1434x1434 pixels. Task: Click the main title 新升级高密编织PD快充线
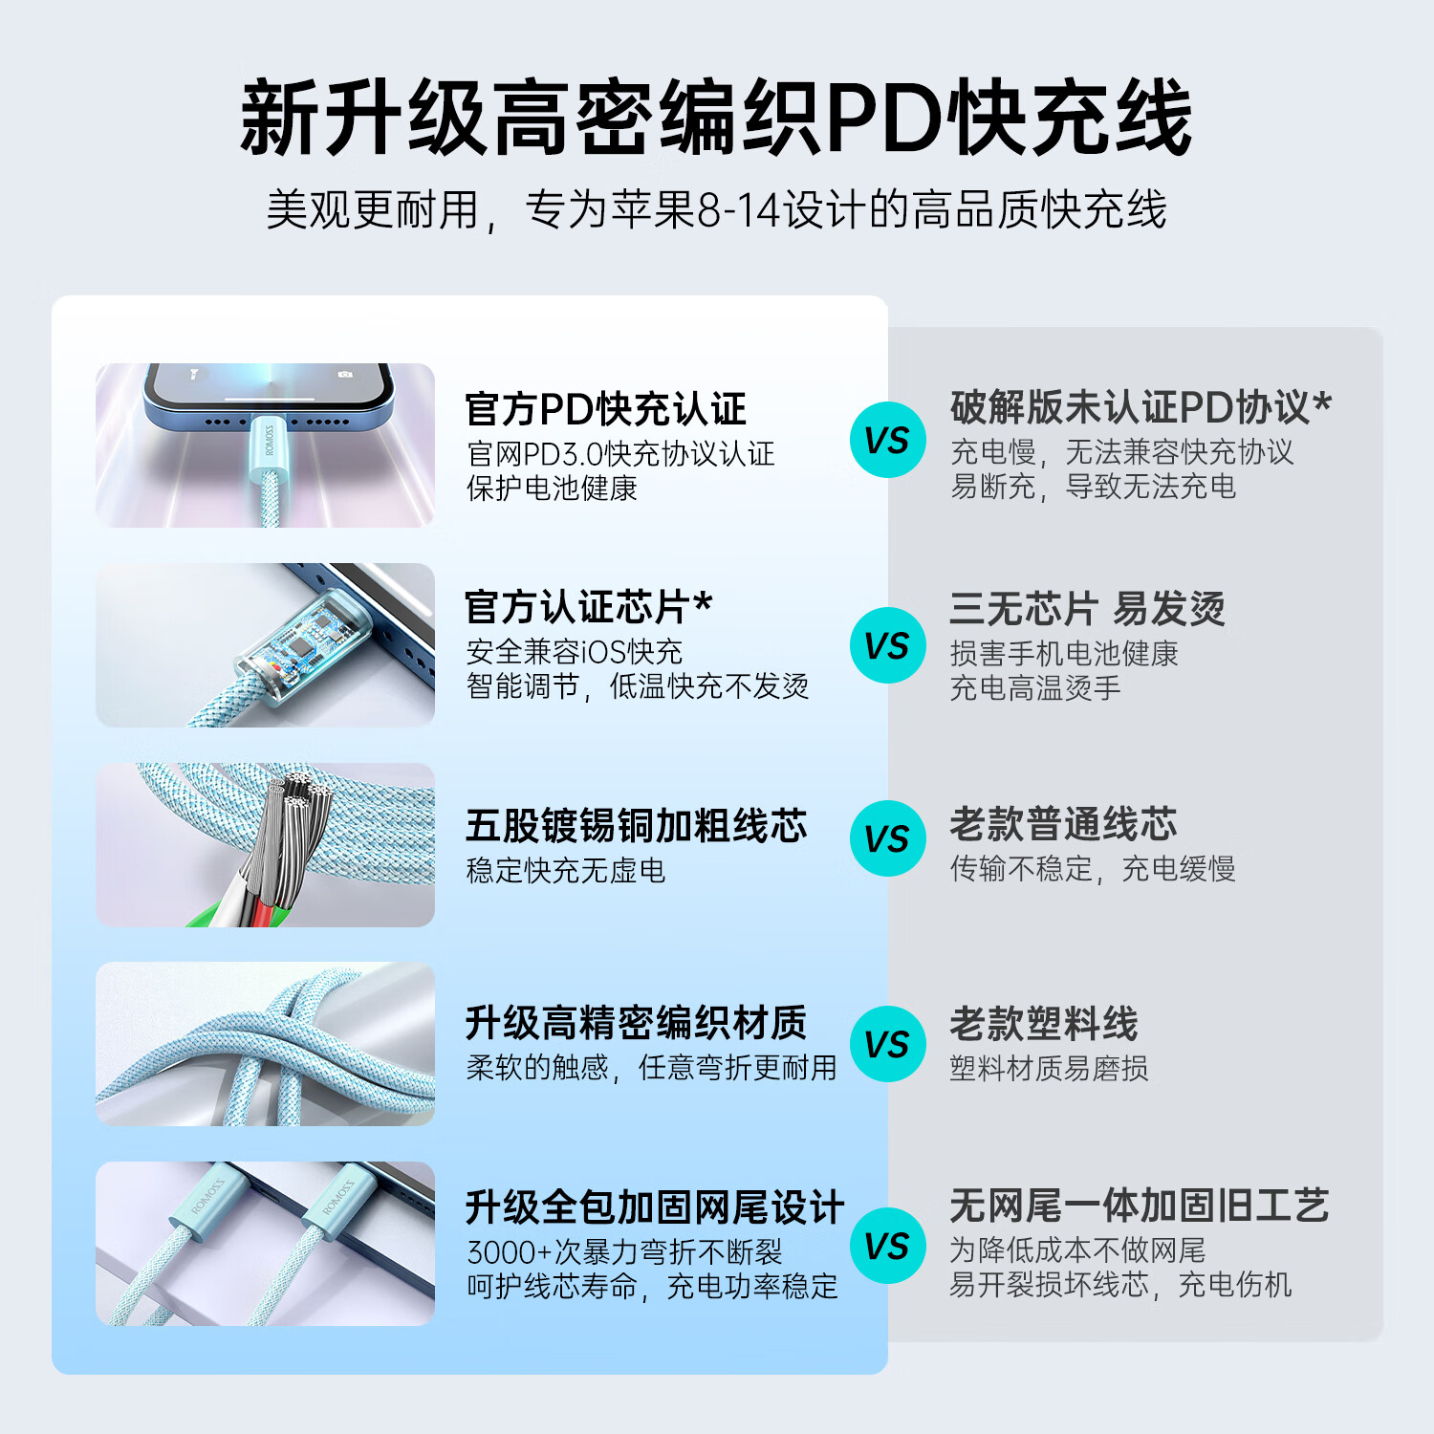(716, 118)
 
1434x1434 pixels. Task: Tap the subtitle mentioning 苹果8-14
(716, 210)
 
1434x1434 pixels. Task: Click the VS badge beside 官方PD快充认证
(888, 440)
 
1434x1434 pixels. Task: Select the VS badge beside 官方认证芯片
(888, 645)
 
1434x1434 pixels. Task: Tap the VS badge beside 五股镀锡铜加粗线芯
(888, 838)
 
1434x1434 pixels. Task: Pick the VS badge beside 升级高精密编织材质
(888, 1044)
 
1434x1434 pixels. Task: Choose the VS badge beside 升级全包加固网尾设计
(888, 1246)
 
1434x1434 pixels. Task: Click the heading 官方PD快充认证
(605, 409)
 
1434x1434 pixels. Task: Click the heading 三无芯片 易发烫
(1087, 609)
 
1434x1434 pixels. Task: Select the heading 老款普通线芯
(1063, 824)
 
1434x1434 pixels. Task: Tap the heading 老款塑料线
(1044, 1024)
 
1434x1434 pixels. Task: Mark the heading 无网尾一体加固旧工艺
(1139, 1206)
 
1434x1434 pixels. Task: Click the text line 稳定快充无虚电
(565, 871)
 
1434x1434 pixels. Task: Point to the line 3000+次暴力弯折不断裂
(624, 1252)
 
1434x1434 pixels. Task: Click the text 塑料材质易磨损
(1049, 1068)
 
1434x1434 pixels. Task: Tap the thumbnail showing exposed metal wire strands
(265, 845)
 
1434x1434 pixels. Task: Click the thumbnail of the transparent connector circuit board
(265, 645)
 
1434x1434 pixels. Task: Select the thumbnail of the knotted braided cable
(265, 1044)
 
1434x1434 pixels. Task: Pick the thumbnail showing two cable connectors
(265, 1244)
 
